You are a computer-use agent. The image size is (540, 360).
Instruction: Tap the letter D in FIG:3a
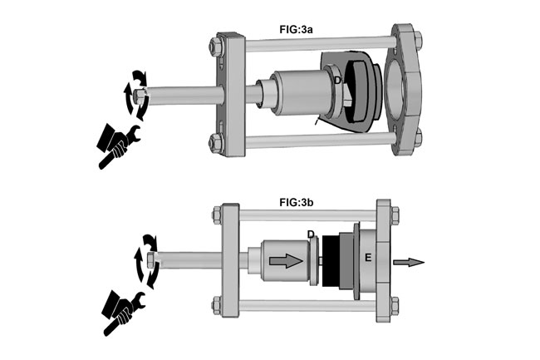[337, 80]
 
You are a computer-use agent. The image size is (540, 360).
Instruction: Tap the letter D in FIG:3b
[310, 235]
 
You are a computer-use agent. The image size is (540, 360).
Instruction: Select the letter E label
[366, 257]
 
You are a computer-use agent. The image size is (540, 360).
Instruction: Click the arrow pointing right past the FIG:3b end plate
[409, 263]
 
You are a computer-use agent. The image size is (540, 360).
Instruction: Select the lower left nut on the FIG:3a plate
[218, 140]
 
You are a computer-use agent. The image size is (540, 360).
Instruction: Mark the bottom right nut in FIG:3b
[395, 305]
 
